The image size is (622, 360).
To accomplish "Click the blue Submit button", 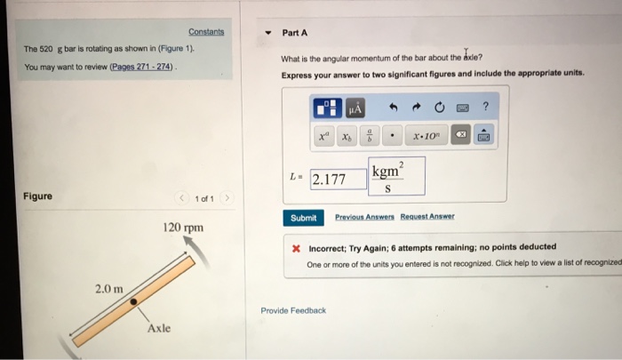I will pyautogui.click(x=303, y=218).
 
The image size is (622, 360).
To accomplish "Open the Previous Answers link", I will pyautogui.click(x=364, y=217).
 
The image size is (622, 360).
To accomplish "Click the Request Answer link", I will pyautogui.click(x=427, y=217).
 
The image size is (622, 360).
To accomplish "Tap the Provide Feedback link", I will pyautogui.click(x=293, y=310).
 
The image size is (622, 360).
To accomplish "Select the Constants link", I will pyautogui.click(x=206, y=32).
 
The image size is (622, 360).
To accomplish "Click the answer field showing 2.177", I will pyautogui.click(x=338, y=179).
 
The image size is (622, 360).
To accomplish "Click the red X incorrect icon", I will pyautogui.click(x=296, y=248).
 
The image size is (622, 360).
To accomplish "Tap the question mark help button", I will pyautogui.click(x=485, y=108).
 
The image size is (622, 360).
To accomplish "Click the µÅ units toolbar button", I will pyautogui.click(x=355, y=108).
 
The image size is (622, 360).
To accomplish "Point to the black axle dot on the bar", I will pyautogui.click(x=133, y=302).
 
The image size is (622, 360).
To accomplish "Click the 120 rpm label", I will pyautogui.click(x=183, y=228).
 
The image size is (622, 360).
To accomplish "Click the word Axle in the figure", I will pyautogui.click(x=160, y=328).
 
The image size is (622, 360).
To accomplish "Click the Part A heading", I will pyautogui.click(x=294, y=33).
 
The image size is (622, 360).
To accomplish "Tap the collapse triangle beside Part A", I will pyautogui.click(x=267, y=34).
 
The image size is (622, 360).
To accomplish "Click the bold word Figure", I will pyautogui.click(x=37, y=196).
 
